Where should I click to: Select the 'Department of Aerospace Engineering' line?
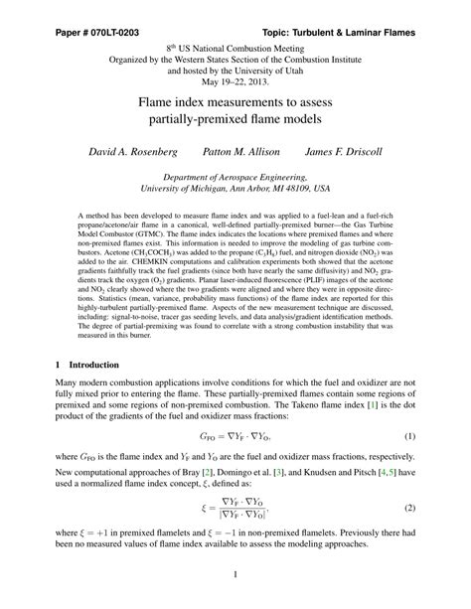coord(235,173)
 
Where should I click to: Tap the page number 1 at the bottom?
coord(235,574)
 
